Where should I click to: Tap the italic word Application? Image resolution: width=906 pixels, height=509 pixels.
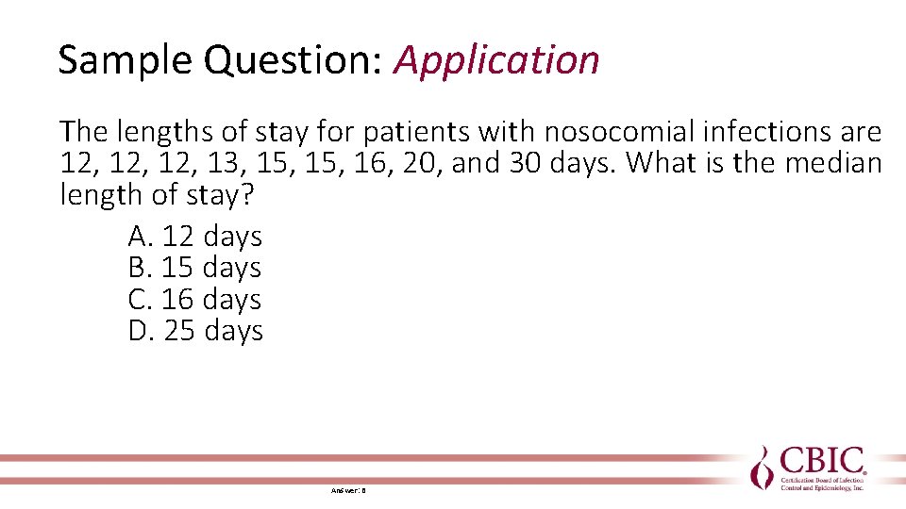tap(496, 60)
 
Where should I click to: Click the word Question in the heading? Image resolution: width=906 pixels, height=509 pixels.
tap(289, 60)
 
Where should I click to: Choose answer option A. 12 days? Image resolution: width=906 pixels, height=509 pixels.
tap(194, 236)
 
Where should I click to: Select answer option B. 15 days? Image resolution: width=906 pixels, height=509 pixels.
tap(194, 268)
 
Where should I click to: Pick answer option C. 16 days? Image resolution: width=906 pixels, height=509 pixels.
tap(194, 300)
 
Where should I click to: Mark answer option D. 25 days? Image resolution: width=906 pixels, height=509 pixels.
tap(195, 331)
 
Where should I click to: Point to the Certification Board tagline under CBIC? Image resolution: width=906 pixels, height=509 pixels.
tap(822, 484)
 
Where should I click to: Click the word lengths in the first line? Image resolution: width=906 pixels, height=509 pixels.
tap(140, 132)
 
